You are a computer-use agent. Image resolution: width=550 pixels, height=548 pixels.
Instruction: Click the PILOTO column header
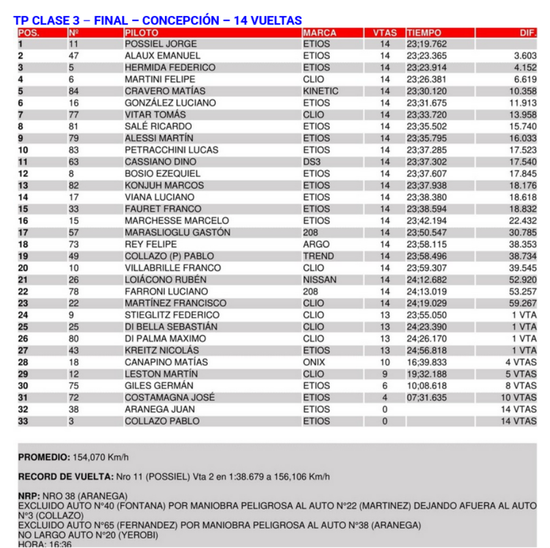141,33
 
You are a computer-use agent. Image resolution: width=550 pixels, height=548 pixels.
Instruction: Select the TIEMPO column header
424,33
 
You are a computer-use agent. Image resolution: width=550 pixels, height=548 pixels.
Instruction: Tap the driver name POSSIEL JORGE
161,44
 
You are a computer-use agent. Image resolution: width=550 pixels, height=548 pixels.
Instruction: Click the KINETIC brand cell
320,91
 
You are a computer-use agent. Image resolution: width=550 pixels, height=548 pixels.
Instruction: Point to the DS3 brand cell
312,162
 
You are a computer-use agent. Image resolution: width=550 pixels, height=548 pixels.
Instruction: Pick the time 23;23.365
427,56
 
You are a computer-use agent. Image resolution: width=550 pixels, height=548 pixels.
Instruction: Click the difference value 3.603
525,56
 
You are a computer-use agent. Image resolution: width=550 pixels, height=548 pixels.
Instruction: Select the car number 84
73,91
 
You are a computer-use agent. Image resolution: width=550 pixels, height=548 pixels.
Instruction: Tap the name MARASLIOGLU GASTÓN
177,232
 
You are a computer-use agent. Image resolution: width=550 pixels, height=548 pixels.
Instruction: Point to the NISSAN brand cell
319,280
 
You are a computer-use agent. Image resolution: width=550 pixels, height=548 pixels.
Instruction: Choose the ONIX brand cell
314,362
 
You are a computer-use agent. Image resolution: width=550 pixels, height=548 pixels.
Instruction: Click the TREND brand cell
318,256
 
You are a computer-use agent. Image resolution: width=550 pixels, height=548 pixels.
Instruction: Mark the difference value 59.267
522,303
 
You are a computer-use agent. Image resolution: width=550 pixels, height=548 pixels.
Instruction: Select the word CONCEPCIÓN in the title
177,20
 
